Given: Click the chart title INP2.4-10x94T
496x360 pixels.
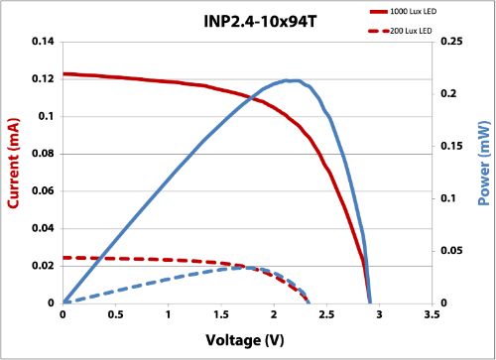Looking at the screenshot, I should (x=247, y=19).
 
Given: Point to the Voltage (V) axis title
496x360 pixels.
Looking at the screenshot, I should (x=247, y=340).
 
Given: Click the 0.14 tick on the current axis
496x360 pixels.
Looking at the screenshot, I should (x=41, y=42).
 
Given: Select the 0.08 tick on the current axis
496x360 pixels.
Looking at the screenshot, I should (x=41, y=154).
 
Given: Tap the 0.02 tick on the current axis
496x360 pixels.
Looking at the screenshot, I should (x=41, y=266).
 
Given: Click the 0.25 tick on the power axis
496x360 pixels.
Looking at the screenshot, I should (x=449, y=42).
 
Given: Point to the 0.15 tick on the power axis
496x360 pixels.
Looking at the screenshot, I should (x=449, y=146).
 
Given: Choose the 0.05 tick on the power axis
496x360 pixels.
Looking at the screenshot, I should (x=449, y=251).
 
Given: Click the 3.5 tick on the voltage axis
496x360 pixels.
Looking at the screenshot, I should (x=431, y=316).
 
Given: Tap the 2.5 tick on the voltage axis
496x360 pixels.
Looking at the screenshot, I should (x=325, y=316).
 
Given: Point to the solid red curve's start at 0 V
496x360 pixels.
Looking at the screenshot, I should (x=63, y=73).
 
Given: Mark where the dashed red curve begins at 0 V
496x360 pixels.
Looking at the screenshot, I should (x=63, y=258).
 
